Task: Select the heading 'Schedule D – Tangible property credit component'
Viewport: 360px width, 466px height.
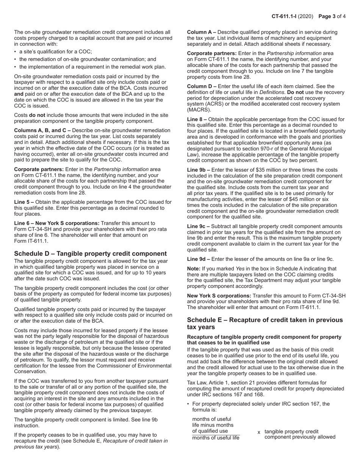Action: point(90,253)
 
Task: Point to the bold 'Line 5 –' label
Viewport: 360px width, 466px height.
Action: point(24,202)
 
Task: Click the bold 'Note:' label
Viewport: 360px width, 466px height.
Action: point(194,269)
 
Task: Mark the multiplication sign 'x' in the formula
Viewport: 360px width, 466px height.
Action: point(259,432)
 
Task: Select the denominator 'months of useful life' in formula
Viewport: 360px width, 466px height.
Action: point(216,438)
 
